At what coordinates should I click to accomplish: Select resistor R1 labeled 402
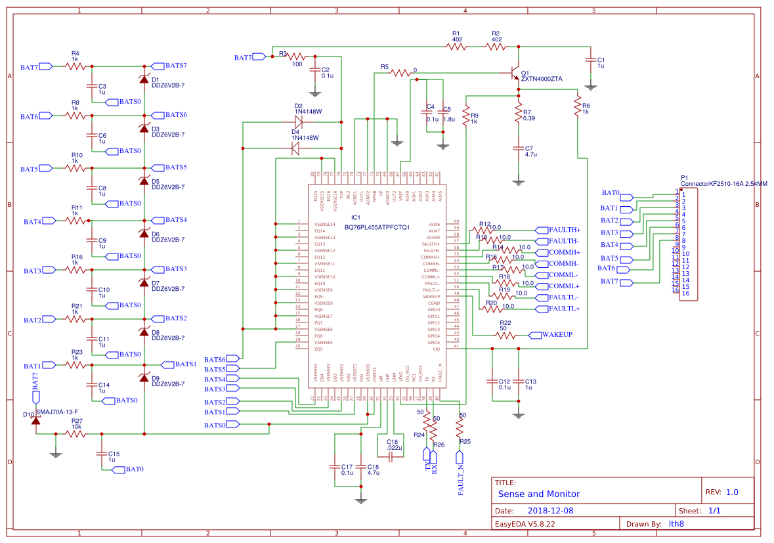[x=456, y=46]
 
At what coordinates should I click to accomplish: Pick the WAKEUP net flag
[x=556, y=335]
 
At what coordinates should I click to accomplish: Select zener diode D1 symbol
[x=144, y=79]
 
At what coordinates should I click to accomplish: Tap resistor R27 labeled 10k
[x=76, y=433]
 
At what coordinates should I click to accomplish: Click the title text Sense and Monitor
[x=538, y=494]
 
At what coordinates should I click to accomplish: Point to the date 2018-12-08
[x=550, y=510]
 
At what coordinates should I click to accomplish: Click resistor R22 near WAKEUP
[x=505, y=335]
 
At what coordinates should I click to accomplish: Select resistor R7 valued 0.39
[x=518, y=112]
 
